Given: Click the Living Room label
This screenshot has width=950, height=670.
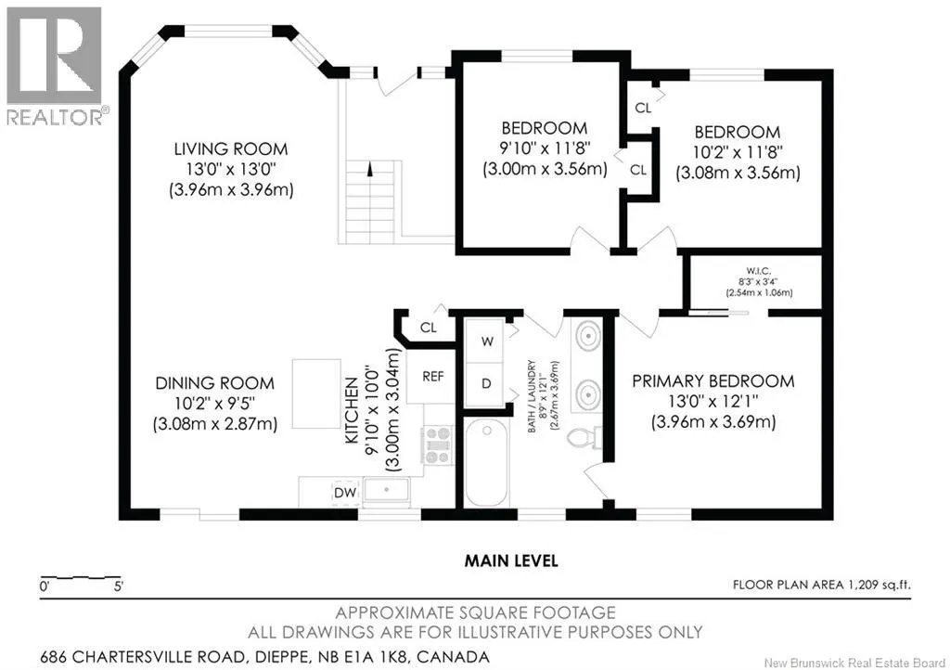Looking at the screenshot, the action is click(x=231, y=149).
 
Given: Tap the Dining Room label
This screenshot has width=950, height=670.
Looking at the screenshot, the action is click(x=215, y=383).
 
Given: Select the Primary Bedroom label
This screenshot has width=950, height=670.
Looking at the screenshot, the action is click(x=713, y=381).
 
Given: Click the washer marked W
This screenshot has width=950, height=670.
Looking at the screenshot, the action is click(x=486, y=341).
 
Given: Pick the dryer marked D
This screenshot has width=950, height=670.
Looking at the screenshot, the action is click(x=486, y=384).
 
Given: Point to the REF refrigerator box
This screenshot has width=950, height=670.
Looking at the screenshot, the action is click(x=432, y=377).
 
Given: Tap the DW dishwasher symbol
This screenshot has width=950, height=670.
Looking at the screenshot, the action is click(x=345, y=493).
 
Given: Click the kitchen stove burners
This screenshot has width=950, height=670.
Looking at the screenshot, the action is click(x=438, y=445).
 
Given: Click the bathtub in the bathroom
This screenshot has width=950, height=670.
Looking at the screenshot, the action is click(x=486, y=462).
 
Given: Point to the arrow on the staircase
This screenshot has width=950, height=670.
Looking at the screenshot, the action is click(x=369, y=169).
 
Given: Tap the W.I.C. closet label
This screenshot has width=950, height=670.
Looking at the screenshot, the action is click(x=759, y=271).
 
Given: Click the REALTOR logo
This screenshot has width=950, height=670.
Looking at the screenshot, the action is click(x=56, y=66).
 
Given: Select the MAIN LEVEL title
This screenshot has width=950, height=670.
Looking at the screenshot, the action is click(x=511, y=560).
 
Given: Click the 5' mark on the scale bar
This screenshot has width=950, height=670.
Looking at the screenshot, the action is click(x=118, y=586).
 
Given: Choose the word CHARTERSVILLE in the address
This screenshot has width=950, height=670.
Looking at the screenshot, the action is click(x=160, y=657).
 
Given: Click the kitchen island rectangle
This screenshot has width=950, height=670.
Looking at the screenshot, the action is click(x=316, y=394).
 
